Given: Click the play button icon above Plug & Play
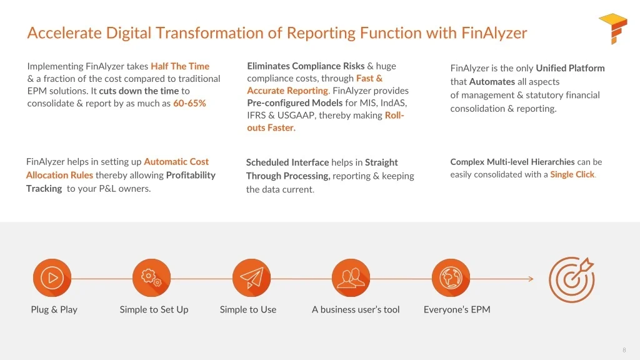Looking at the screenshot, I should coord(52,277).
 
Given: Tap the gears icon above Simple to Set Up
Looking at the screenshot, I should coord(152,277).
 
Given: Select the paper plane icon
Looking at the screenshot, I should coord(251,277).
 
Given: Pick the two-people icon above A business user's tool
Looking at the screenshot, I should coord(351,277).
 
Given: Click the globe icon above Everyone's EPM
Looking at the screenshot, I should coord(451,277).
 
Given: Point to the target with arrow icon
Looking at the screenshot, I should coord(571,279).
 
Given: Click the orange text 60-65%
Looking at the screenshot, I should coord(189,103).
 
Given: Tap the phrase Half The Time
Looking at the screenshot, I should coord(180,66).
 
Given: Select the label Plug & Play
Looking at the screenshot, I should coord(54,309).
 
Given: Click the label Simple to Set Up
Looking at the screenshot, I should coord(154,309).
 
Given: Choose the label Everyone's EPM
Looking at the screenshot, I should coord(457,309).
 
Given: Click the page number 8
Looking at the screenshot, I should coord(624,350).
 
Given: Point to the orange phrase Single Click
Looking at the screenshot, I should coord(572,174).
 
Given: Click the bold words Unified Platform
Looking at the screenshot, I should coord(570,68).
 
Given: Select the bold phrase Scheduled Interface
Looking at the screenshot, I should coord(287,162).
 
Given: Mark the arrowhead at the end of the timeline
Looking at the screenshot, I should coord(531,279).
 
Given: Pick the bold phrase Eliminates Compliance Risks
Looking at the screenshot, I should coord(306,66).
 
